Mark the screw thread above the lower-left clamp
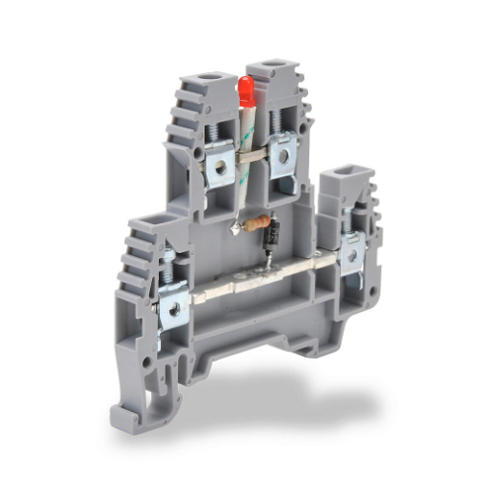[169, 267]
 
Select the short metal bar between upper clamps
[252, 155]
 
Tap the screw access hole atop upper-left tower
[208, 77]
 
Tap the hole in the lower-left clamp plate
[174, 308]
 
